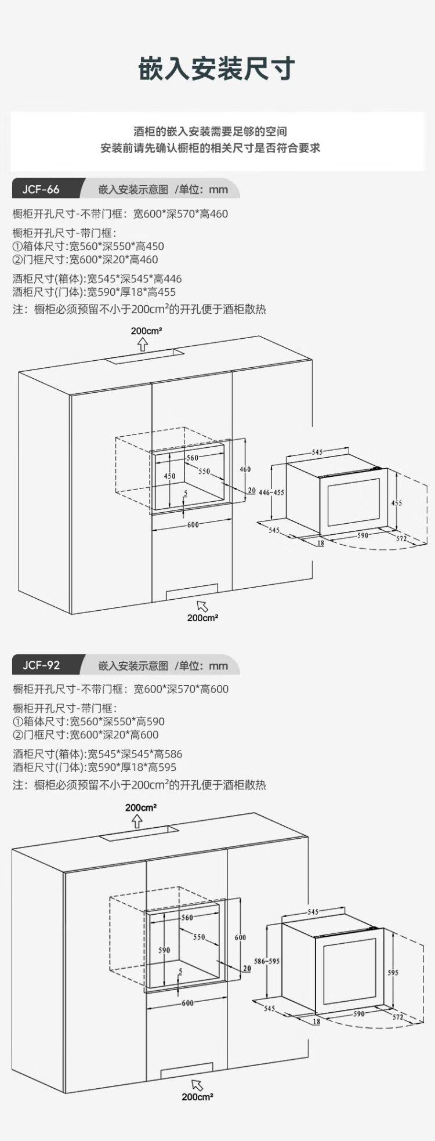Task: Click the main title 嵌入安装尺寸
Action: coord(217,68)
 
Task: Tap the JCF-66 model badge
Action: coord(41,190)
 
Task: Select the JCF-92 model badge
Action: coord(41,665)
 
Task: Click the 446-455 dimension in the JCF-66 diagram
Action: coord(271,492)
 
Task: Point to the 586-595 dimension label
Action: coord(267,961)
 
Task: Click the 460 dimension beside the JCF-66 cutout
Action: coord(245,469)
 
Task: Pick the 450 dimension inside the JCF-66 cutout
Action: coord(169,476)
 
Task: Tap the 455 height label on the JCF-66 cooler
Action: coord(396,503)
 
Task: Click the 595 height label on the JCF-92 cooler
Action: coord(393,972)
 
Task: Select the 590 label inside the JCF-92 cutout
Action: coord(164,950)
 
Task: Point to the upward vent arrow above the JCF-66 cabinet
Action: coord(143,345)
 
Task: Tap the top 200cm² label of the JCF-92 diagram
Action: coord(141,807)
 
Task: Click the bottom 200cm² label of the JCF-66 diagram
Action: coord(202,618)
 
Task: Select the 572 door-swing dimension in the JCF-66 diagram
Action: coord(401,539)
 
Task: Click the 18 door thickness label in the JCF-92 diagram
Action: coord(316,1022)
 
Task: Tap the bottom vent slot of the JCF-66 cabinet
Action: coord(192,592)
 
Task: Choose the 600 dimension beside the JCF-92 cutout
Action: coord(240,937)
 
